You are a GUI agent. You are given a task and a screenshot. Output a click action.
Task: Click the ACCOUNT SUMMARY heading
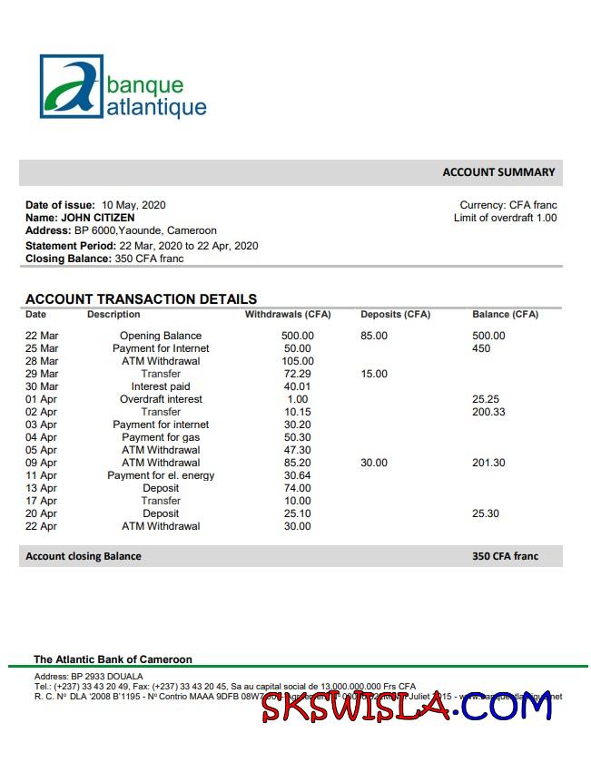pos(498,172)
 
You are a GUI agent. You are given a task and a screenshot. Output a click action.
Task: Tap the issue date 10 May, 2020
pos(133,205)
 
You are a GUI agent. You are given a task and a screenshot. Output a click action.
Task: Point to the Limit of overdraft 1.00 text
pos(505,218)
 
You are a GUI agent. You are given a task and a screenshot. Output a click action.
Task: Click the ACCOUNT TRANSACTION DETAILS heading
pos(141,298)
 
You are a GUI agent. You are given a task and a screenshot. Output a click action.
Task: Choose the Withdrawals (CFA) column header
pos(288,315)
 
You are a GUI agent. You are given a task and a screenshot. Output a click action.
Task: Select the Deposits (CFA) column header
pos(395,315)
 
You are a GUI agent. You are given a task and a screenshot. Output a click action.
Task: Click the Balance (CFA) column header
pos(505,315)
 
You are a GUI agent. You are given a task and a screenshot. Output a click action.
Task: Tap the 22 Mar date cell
pos(42,336)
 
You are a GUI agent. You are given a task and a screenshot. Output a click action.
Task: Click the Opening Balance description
pos(161,336)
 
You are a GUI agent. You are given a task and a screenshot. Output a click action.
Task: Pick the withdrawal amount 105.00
pos(297,361)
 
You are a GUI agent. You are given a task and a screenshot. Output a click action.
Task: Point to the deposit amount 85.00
pos(374,336)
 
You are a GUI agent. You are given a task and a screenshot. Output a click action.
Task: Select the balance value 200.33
pos(488,412)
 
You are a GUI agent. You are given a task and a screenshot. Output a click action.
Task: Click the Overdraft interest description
pos(161,399)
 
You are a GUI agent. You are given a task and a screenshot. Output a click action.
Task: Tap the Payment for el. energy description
pos(161,475)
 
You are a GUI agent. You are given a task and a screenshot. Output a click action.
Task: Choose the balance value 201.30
pos(488,463)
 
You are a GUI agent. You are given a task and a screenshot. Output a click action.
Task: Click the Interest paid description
pos(161,386)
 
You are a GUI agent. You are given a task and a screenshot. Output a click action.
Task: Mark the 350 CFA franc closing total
pos(505,556)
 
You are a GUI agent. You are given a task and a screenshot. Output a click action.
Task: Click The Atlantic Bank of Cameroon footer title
pos(113,659)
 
